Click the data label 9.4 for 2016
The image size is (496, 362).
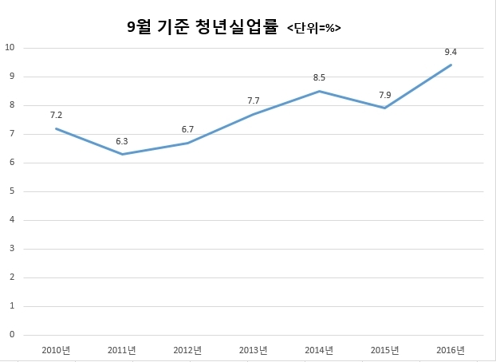[451, 52]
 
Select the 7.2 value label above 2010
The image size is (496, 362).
[56, 115]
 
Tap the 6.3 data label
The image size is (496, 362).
[122, 141]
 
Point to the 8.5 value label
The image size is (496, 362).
[319, 77]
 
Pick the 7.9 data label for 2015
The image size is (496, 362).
[385, 95]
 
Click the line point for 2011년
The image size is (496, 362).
[122, 154]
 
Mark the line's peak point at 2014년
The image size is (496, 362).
[319, 92]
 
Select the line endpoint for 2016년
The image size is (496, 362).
[451, 65]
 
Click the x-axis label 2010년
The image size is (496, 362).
[56, 350]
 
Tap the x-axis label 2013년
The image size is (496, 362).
[253, 350]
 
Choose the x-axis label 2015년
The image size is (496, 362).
[384, 350]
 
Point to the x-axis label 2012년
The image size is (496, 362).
[187, 350]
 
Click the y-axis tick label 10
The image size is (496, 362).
[10, 48]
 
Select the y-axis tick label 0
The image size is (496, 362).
[12, 334]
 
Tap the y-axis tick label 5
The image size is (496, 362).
[12, 191]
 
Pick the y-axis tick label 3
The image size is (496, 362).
[12, 249]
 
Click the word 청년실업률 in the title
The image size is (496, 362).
[237, 26]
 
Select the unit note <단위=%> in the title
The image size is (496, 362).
[314, 28]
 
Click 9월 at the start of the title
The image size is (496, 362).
[139, 27]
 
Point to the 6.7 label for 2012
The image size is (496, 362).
[187, 129]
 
